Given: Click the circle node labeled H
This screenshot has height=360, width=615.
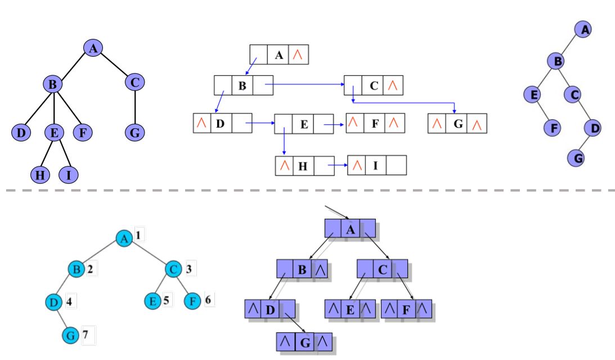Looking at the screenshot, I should coord(39,175).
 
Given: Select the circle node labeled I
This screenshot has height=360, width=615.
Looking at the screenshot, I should coord(69,175).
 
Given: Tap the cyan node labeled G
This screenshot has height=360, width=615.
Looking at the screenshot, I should coord(70,335).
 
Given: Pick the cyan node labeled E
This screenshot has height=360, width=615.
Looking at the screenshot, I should coord(152,301).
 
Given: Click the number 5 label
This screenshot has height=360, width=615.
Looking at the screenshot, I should coord(167,300).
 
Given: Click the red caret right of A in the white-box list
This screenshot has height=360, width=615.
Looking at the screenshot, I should coord(298,55).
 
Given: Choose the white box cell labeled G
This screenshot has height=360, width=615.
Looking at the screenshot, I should coord(457,124).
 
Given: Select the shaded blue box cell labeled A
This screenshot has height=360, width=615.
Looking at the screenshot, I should coord(349,228).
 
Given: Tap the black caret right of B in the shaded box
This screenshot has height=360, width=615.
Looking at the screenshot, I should coord(320,270).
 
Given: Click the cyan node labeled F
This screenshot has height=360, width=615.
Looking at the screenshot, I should coord(193,301).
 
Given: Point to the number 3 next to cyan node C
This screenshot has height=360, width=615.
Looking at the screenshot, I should coord(188,269).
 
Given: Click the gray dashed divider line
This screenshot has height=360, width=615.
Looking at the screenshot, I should coord(307,190).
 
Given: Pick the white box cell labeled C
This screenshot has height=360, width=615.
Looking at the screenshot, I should coord(374,86).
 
